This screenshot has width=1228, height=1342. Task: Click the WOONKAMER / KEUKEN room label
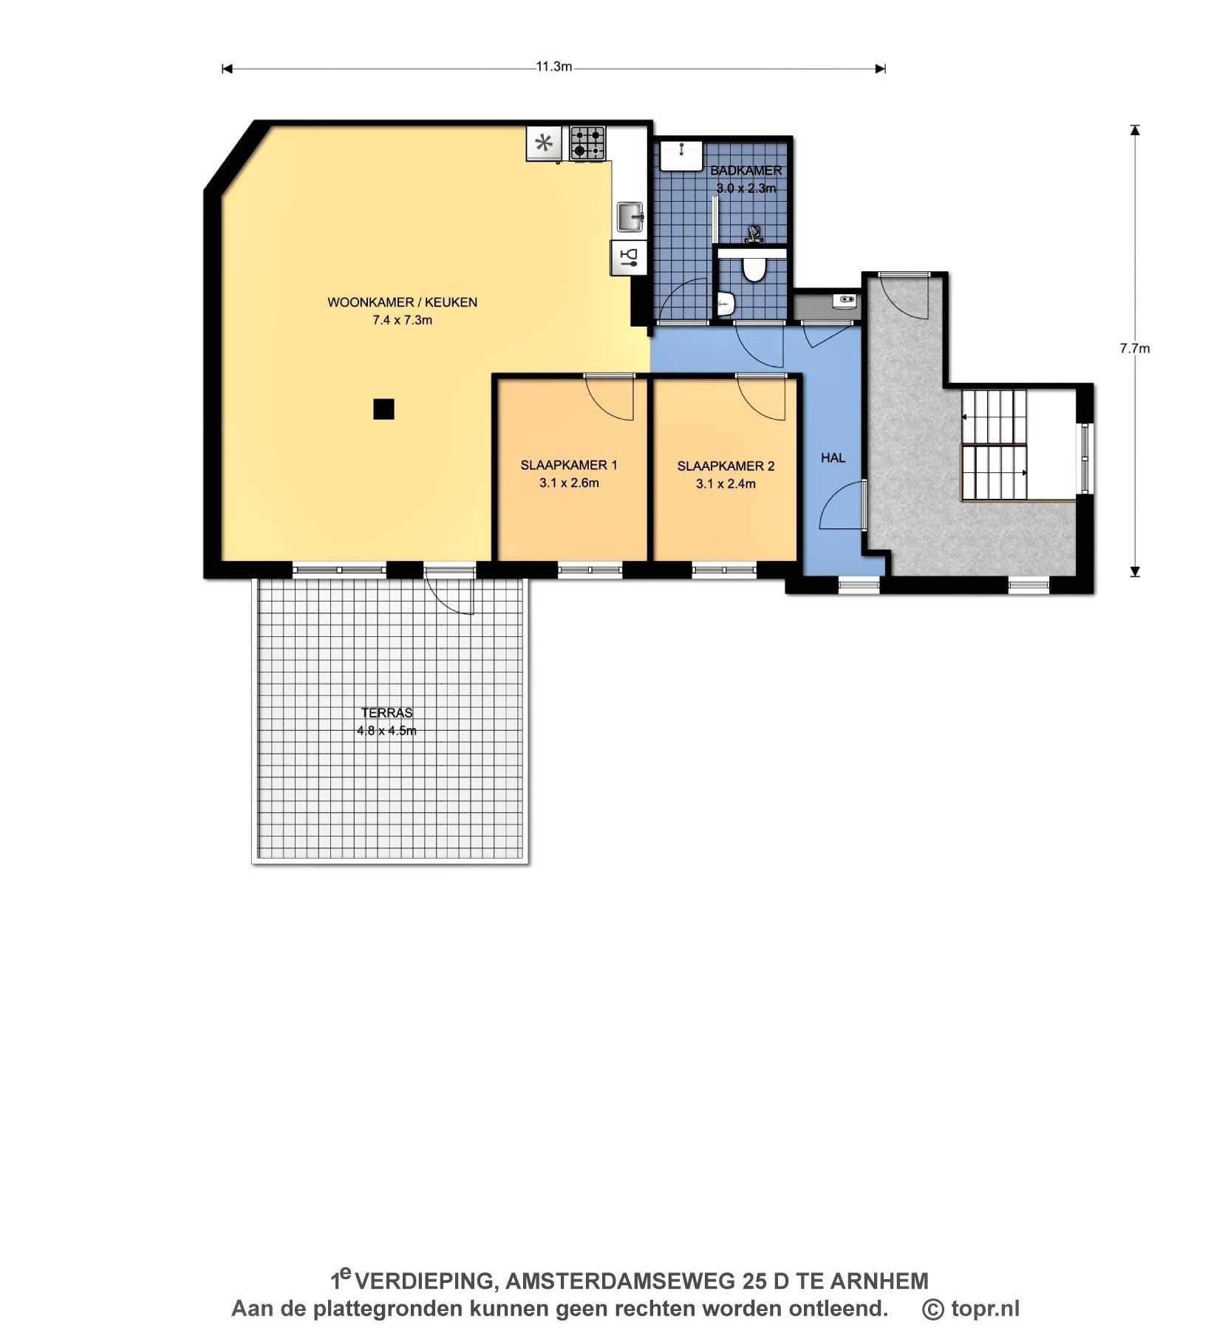(402, 302)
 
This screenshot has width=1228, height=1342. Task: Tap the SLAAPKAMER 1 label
(569, 465)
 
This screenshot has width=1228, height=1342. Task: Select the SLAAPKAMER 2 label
(726, 466)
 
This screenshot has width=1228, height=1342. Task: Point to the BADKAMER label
(746, 171)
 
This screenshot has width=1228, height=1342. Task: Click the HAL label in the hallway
(833, 458)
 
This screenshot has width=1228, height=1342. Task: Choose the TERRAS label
(386, 713)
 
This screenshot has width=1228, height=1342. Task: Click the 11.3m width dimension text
(554, 67)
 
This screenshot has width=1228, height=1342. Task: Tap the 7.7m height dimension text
(1135, 348)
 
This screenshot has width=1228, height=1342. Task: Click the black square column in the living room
(383, 409)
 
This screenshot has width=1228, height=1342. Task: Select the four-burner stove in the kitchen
(588, 143)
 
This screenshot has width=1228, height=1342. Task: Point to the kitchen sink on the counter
(630, 218)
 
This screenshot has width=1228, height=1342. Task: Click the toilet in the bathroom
(754, 268)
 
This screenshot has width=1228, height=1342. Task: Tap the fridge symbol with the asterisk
(545, 143)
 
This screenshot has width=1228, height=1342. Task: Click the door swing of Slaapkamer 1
(610, 398)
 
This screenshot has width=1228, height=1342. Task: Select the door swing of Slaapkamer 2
(762, 398)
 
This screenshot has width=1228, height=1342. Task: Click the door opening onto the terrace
(449, 590)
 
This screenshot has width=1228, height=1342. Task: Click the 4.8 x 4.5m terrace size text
(386, 731)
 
